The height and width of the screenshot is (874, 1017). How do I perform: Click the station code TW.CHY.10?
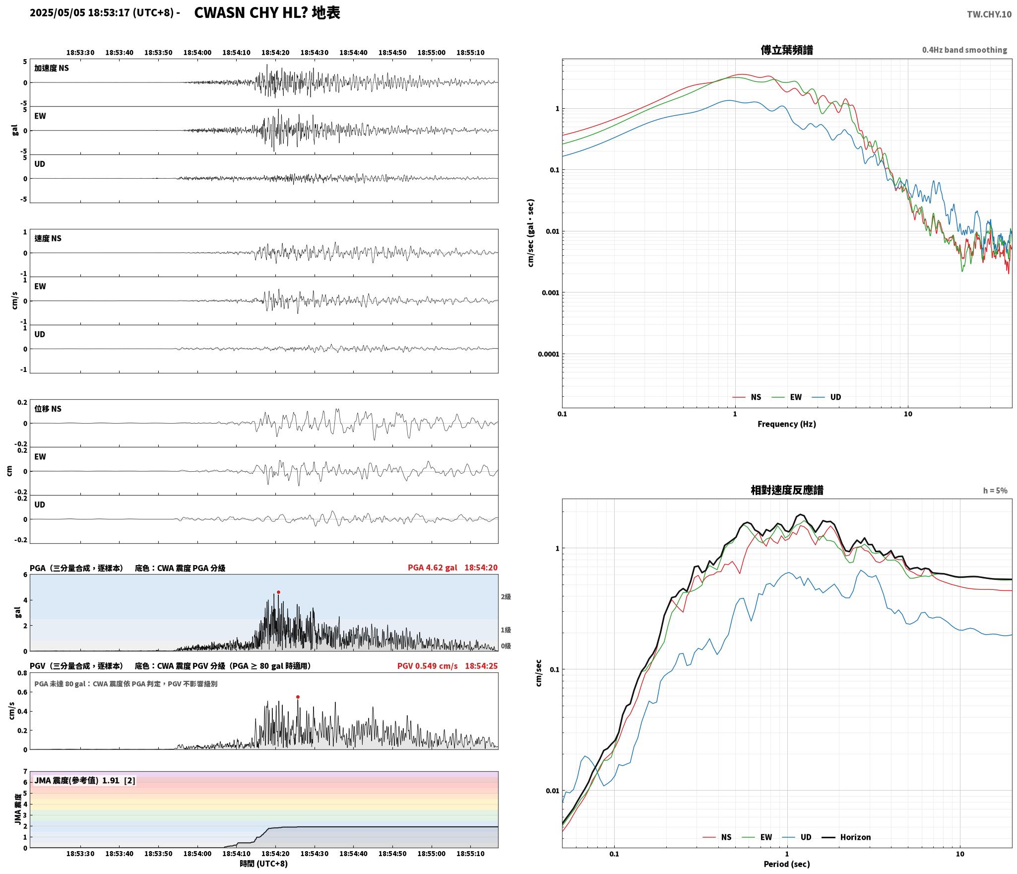[989, 14]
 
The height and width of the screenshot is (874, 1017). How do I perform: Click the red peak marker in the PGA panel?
[278, 592]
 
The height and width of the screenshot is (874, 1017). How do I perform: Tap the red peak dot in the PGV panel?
[298, 697]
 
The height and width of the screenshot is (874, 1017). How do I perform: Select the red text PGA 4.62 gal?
[433, 567]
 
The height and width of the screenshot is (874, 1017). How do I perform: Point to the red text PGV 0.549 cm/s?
[428, 665]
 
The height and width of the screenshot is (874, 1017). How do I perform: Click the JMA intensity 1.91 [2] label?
[85, 780]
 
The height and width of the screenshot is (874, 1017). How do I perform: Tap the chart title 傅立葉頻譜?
[787, 50]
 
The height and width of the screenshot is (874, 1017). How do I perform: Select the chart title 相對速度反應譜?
[787, 490]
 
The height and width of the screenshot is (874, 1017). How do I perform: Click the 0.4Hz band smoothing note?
[964, 50]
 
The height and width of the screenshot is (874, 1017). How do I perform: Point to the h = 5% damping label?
[995, 490]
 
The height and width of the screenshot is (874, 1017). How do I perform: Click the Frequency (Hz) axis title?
[787, 424]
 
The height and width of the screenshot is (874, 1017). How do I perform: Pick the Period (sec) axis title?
[787, 864]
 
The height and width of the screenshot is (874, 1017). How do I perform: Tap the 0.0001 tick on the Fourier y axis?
[548, 354]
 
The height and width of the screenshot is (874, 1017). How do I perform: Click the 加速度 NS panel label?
[52, 68]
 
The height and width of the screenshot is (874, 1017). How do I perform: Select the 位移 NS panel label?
[48, 409]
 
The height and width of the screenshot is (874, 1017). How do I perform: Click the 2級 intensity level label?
[506, 596]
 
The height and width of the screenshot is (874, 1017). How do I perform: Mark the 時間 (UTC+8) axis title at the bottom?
[264, 863]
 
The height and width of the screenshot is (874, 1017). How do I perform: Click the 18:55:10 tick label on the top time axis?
[470, 52]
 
